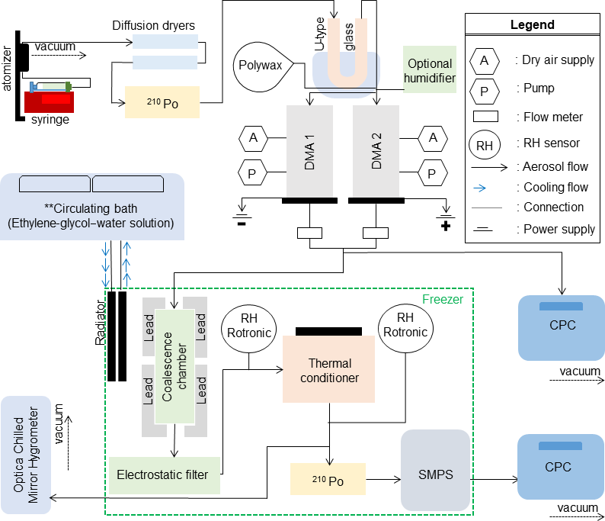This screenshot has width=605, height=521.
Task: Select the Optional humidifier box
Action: [x=430, y=70]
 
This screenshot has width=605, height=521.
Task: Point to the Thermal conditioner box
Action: [x=328, y=369]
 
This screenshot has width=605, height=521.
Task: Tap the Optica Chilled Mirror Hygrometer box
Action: [x=27, y=455]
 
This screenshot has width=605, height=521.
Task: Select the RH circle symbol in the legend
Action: [x=485, y=143]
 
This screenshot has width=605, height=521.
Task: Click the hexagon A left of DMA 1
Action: [x=252, y=138]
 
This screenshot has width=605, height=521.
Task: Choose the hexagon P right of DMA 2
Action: [x=433, y=173]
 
